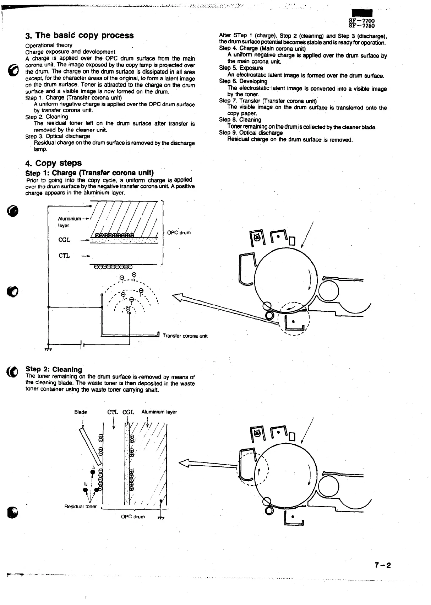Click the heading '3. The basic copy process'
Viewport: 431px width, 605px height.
click(80, 36)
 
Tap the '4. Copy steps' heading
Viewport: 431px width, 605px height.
click(54, 163)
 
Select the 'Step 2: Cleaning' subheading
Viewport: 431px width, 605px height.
click(54, 369)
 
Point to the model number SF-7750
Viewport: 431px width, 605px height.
click(362, 26)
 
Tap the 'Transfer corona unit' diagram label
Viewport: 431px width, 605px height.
click(185, 336)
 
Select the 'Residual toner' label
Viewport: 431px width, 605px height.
click(80, 506)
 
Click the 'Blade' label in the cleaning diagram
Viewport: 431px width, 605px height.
click(81, 412)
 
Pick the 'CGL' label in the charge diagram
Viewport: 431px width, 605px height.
click(64, 240)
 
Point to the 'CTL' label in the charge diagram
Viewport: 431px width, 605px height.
click(64, 256)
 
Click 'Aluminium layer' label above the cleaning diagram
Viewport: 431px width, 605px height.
click(159, 412)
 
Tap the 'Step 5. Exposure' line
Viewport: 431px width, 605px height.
click(241, 68)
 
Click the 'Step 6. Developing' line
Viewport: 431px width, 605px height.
click(243, 81)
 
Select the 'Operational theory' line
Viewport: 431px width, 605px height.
click(49, 45)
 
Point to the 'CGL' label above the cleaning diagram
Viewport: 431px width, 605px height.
click(128, 412)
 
